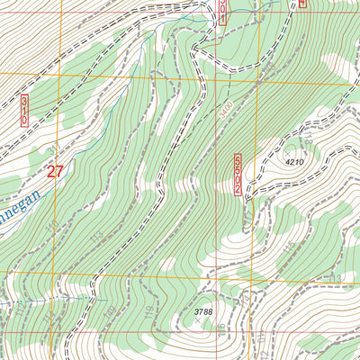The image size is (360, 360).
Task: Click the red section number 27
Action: [x=55, y=171]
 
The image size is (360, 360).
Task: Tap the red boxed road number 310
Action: [x=24, y=109]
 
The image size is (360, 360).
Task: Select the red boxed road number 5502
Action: [x=238, y=174]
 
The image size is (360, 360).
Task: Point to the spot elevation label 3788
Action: [x=205, y=311]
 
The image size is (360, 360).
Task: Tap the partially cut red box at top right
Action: [x=302, y=4]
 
